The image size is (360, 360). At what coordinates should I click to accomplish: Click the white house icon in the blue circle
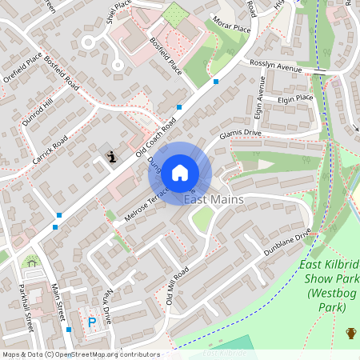pos(180,172)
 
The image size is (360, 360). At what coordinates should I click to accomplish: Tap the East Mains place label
pos(214,199)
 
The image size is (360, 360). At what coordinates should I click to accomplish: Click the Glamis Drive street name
pos(240,134)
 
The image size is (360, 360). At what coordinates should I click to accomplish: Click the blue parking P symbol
pos(92,322)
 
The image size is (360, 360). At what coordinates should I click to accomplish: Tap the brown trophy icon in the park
pos(350,333)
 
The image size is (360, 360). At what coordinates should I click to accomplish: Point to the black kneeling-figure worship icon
pos(112,157)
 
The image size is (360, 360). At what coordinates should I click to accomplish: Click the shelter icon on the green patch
pos(30,262)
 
